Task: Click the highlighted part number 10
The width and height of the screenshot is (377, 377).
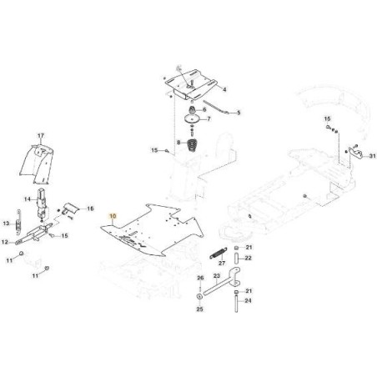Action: (x=113, y=216)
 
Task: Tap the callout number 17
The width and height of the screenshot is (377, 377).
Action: (x=41, y=136)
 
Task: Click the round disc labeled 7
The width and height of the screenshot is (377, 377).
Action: (x=193, y=118)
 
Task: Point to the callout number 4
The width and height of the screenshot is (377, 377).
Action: (x=224, y=89)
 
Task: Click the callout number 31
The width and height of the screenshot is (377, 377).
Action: (x=372, y=156)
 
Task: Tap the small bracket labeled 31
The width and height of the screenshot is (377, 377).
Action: (x=355, y=152)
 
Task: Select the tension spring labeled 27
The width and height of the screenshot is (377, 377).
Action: (x=219, y=254)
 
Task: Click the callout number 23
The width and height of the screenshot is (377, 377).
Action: (x=217, y=276)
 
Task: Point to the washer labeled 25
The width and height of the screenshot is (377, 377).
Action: (x=199, y=296)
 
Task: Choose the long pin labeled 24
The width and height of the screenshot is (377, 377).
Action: (x=236, y=304)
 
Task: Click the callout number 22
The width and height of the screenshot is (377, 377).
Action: (x=248, y=258)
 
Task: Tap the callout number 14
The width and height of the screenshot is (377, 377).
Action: (x=28, y=199)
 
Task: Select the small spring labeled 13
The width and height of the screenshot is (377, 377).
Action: (x=18, y=224)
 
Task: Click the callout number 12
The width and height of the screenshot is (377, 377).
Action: (x=5, y=242)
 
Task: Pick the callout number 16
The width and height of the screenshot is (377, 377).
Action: (x=90, y=209)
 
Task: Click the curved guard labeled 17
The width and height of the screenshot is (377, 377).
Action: (x=38, y=164)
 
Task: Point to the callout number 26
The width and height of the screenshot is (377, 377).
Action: (x=200, y=278)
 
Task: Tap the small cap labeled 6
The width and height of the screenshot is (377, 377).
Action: (x=192, y=110)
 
